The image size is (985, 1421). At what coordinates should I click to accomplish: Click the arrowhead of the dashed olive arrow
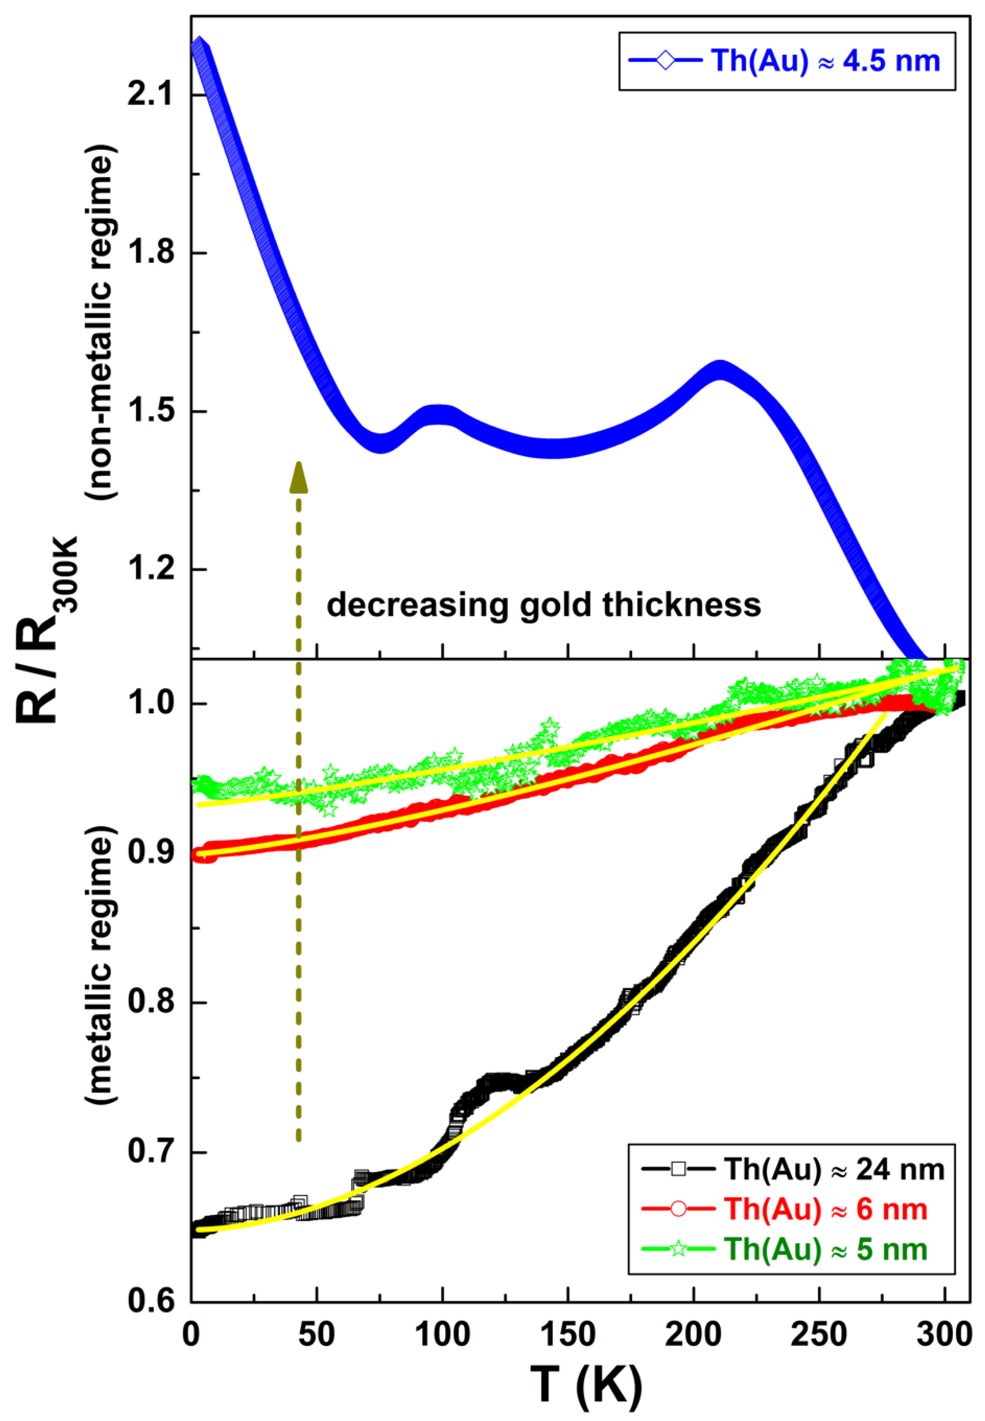pyautogui.click(x=299, y=478)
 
